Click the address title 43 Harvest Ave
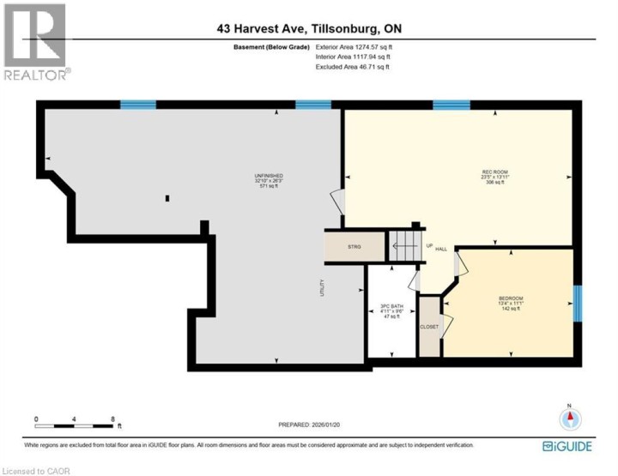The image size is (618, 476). point(309,29)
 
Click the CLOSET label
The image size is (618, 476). point(428,327)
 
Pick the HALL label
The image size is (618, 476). point(441,249)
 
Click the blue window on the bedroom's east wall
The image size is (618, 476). point(578,304)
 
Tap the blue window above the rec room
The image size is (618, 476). point(451,105)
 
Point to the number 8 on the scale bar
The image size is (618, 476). point(113,419)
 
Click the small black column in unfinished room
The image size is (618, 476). point(167,198)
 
